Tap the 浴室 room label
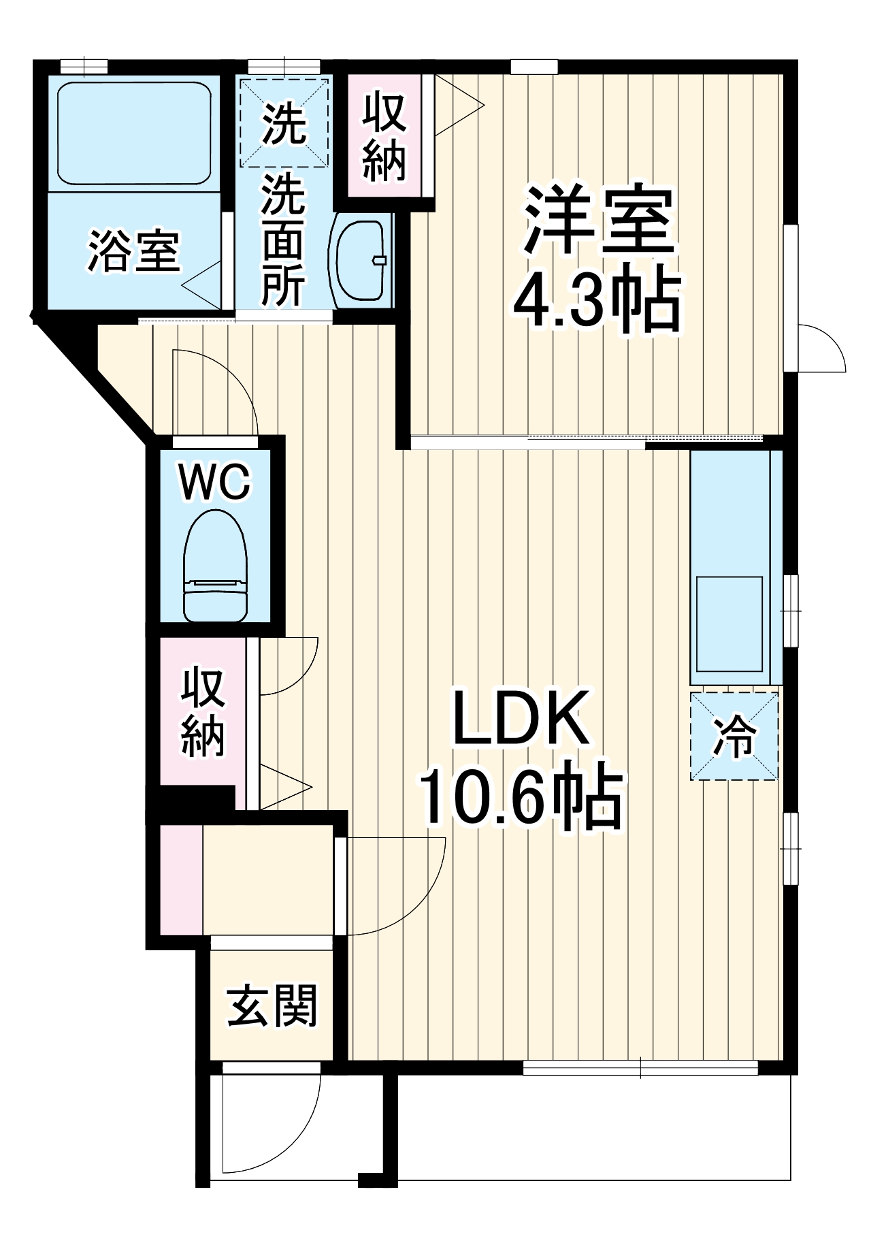click(x=134, y=252)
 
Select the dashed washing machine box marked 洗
click(x=284, y=123)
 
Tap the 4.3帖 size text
click(x=596, y=300)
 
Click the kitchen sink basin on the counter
click(x=729, y=624)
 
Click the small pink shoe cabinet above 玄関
click(x=181, y=879)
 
